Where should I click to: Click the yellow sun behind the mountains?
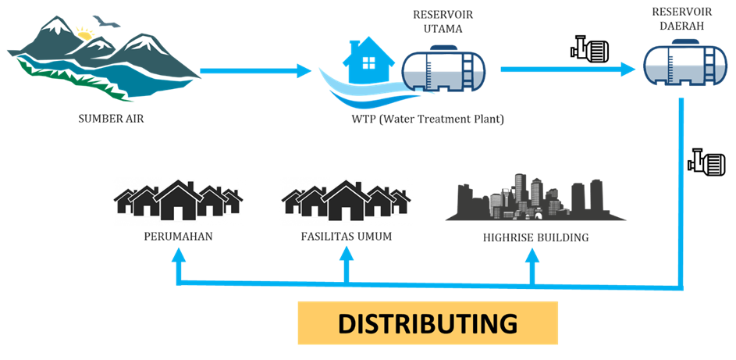(x=84, y=34)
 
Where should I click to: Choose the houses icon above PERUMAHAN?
(x=178, y=201)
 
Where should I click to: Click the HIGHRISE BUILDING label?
(x=535, y=237)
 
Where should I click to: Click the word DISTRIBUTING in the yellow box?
(x=428, y=323)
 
